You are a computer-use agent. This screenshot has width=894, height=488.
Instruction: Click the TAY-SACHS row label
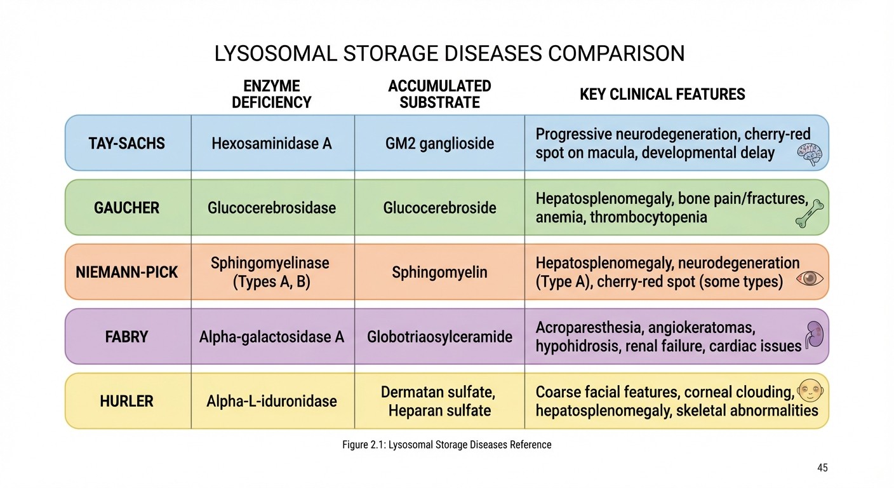coord(126,143)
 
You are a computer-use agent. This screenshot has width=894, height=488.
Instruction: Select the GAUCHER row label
coord(126,208)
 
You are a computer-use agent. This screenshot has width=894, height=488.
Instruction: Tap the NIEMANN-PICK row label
coord(126,273)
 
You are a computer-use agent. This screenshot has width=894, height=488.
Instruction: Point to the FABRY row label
coord(126,337)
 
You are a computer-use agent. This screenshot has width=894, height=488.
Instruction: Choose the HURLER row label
coord(126,402)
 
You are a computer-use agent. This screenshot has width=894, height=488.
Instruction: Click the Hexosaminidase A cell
coord(272,143)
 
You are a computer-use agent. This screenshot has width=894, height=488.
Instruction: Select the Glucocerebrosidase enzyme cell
coord(272,208)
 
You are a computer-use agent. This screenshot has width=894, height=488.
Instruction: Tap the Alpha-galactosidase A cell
coord(272,337)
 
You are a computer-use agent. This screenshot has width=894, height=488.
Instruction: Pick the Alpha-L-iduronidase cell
coord(272,402)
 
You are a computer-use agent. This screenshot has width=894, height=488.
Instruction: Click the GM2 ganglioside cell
coord(439,143)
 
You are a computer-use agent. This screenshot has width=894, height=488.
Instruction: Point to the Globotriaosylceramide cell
coord(439,337)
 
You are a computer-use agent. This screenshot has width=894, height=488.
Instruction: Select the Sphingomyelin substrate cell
coord(439,273)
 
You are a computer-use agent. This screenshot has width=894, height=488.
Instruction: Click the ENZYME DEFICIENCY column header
coord(272,94)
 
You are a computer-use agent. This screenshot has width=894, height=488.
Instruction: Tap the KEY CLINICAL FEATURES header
coord(662,95)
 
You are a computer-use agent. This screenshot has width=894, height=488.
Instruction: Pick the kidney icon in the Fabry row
coord(813,334)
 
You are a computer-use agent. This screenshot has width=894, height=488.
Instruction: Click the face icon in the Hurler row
coord(807,388)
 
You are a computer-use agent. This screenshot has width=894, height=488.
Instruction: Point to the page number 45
coord(822,468)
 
